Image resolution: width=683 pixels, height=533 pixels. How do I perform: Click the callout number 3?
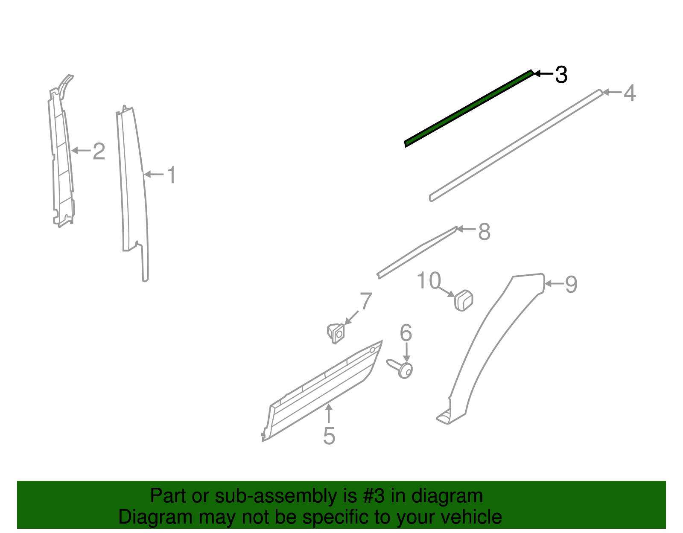(x=561, y=75)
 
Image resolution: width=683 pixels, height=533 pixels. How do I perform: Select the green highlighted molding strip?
(x=469, y=108)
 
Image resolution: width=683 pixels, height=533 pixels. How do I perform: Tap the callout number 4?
(x=630, y=93)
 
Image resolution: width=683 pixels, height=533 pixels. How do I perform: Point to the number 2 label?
(x=99, y=151)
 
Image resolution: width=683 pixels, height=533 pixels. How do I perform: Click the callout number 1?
(x=171, y=175)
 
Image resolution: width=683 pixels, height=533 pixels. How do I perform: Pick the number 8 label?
(x=484, y=231)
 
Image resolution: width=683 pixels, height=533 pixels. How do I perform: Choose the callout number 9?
(x=571, y=284)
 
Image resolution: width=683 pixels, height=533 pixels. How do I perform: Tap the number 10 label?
(x=429, y=280)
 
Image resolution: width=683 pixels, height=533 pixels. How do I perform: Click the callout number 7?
(x=365, y=301)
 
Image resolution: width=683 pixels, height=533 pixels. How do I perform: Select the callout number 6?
(x=406, y=332)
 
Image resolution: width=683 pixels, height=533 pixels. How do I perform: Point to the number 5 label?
(x=329, y=436)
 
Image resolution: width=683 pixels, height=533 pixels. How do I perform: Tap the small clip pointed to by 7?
(x=336, y=334)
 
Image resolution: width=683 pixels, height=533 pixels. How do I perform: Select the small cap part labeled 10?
(x=463, y=300)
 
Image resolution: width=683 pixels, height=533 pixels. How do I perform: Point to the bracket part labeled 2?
(x=61, y=151)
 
